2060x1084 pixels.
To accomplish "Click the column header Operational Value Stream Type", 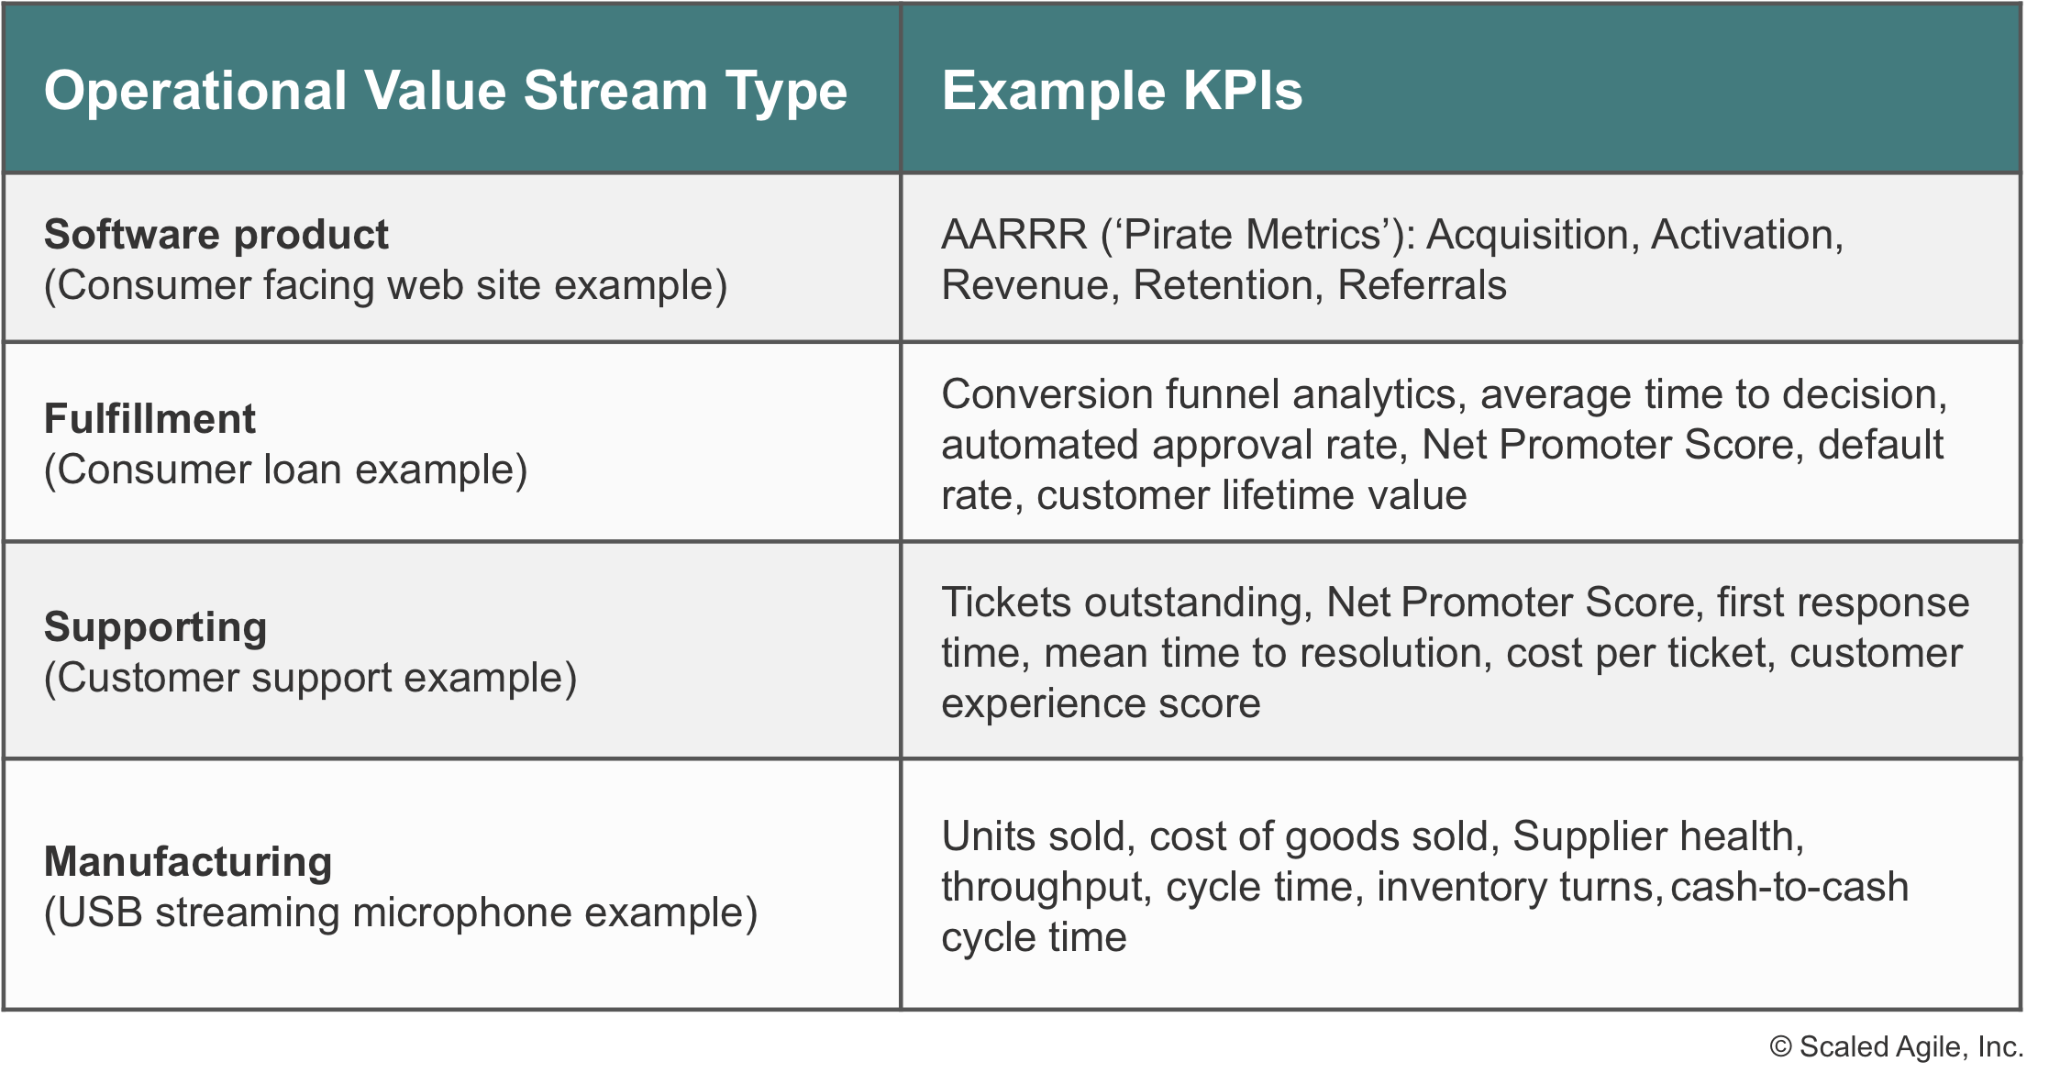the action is point(446,92).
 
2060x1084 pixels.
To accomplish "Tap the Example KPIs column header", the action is point(1122,91).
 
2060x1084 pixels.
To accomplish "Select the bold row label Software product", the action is point(216,236).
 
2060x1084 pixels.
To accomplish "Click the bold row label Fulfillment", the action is point(150,419).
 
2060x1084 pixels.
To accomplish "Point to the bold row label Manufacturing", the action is point(188,863).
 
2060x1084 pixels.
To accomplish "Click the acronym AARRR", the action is point(1014,235).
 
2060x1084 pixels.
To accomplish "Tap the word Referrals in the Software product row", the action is point(1422,285).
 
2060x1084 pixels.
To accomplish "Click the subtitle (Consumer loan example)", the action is point(286,470).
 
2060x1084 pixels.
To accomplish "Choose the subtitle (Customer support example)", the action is point(311,679).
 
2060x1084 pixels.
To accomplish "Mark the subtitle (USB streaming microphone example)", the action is point(401,913).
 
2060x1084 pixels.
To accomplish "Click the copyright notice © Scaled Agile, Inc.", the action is point(1896,1047).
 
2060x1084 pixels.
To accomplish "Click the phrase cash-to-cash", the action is point(1789,887).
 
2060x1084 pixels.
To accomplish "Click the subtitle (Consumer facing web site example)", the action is point(386,286).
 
